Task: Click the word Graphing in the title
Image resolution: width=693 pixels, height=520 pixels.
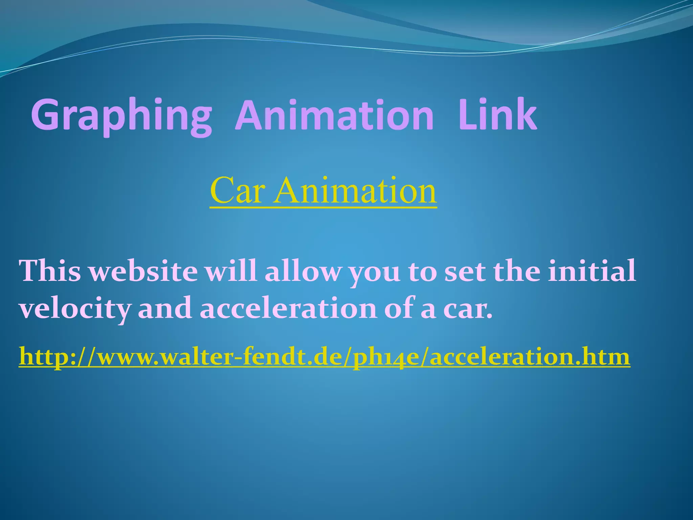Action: [x=121, y=115]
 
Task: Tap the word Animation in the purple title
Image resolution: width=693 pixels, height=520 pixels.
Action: [x=334, y=115]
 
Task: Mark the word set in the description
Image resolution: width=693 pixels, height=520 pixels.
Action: [x=465, y=272]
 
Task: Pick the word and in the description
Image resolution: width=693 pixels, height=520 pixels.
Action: [x=165, y=309]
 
